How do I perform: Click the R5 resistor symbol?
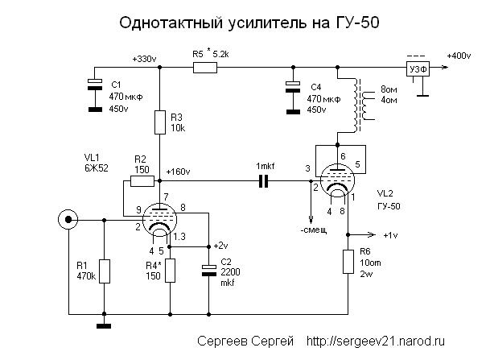[205, 68]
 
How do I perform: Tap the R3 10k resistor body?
[160, 122]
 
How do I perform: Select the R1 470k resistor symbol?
[105, 271]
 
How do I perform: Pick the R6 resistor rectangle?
[348, 262]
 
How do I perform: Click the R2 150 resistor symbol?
[142, 181]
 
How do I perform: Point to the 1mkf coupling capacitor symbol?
[264, 181]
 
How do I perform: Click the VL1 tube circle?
[159, 220]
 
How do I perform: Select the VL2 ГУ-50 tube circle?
[337, 180]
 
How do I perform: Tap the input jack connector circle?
[68, 220]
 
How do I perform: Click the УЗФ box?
[418, 68]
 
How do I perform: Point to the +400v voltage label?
[459, 56]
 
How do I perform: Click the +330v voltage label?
[144, 59]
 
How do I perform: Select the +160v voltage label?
[178, 172]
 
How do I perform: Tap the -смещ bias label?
[314, 230]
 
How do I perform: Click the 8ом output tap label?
[389, 89]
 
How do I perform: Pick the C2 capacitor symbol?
[209, 271]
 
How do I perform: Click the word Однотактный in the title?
[171, 23]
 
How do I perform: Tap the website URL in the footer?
[375, 341]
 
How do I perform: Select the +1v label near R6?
[390, 235]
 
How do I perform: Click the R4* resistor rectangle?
[171, 271]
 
